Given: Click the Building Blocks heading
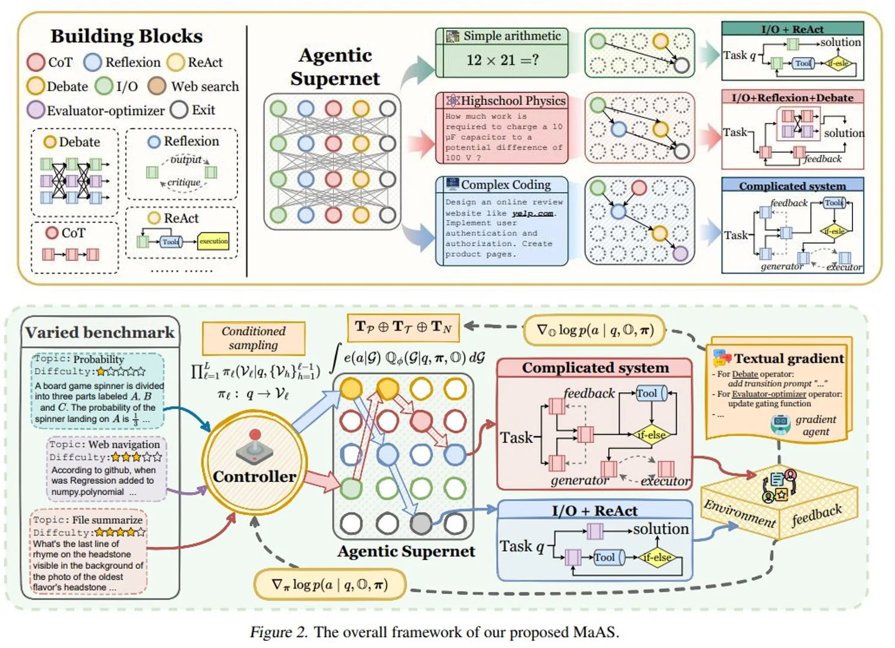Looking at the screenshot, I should pos(126,36).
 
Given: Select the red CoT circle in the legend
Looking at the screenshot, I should pos(36,62).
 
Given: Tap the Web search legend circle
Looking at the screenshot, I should pos(157,86).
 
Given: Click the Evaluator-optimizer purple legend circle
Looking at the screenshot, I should pos(36,110).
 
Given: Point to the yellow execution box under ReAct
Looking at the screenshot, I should pos(213,241).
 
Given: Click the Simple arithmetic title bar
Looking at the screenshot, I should pos(502,36).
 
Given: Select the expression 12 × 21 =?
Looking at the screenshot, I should pos(502,60).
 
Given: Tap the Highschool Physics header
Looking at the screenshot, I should pos(502,101).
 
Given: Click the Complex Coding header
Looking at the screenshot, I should pos(502,185).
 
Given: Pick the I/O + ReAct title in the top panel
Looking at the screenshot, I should pos(792,29).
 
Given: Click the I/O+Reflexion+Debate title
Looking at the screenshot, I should pos(792,97).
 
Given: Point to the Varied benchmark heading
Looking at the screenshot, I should pos(100,332).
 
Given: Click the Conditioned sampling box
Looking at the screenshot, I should pos(254,338).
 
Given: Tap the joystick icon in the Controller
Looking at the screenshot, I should pos(255,446).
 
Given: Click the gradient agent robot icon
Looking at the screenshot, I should pos(780,425).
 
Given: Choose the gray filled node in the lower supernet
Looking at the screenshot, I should pos(421,524).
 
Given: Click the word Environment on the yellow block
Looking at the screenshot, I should pos(740,514).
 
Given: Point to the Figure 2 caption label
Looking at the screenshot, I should pos(279,632).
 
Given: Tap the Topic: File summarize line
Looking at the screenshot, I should pos(88,520).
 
